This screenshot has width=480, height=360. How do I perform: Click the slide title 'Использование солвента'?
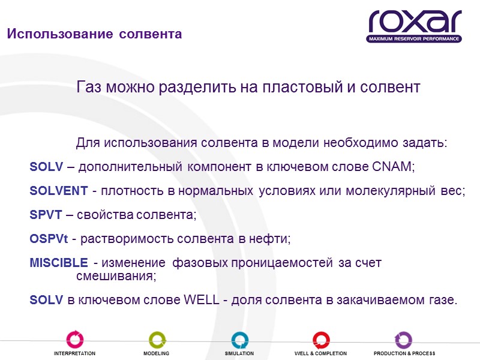94,34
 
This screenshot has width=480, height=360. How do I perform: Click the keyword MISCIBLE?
58,263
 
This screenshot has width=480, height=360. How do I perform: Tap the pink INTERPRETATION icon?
75,339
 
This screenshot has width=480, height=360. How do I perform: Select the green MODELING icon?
157,339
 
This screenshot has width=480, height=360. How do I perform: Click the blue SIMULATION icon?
239,339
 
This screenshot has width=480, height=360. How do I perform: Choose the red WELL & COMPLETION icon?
321,339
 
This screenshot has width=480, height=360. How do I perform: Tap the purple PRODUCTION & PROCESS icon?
403,339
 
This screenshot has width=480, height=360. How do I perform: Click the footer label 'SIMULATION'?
239,354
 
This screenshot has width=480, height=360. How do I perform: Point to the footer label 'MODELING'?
156,354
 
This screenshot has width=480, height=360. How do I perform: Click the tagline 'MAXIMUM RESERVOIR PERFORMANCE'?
415,38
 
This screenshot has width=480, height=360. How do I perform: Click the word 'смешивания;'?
116,276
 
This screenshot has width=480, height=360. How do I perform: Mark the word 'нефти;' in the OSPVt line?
272,239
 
